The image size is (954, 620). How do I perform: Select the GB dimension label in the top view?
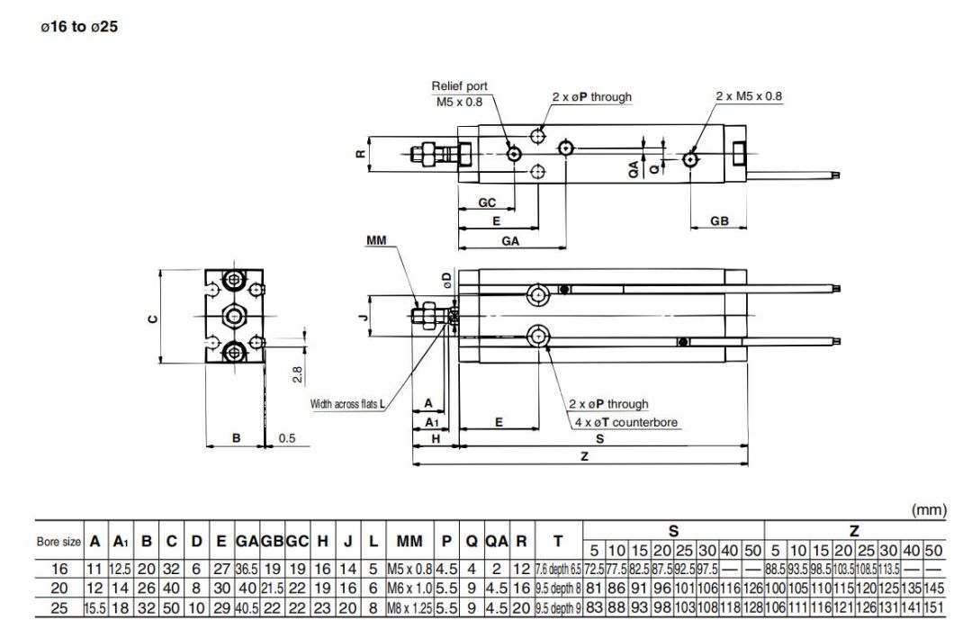click(718, 221)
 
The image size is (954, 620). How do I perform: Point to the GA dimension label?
click(510, 240)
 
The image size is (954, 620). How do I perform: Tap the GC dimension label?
click(486, 203)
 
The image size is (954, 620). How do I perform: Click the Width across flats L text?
click(347, 404)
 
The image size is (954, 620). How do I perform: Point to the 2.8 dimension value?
click(296, 372)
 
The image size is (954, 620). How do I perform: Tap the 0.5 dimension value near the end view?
click(287, 438)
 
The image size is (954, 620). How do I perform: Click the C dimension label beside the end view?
click(153, 319)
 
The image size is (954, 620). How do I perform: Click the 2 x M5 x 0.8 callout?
click(749, 95)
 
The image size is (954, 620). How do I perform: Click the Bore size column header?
click(58, 542)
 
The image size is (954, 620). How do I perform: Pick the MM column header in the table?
click(409, 542)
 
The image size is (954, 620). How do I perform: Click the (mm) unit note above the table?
click(930, 509)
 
